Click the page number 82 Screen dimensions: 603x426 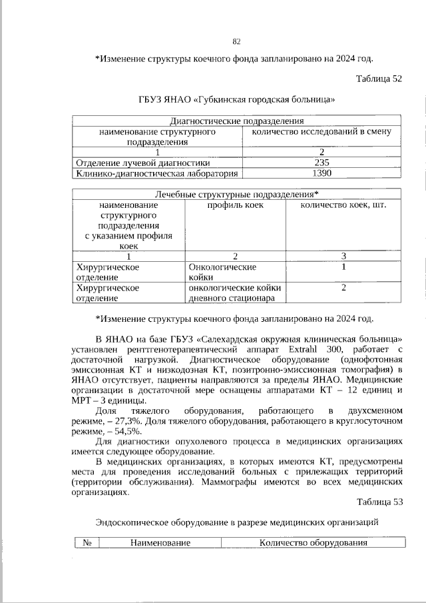click(236, 41)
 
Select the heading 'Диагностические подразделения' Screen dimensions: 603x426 click(237, 121)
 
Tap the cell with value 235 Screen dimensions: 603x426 click(322, 162)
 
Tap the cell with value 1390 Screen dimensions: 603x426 click(322, 173)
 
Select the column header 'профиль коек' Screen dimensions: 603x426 click(236, 205)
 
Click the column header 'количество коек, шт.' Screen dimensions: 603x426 click(344, 205)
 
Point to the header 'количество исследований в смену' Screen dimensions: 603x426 click(322, 132)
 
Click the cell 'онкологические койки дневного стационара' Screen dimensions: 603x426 click(236, 293)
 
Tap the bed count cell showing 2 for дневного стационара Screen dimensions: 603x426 click(344, 288)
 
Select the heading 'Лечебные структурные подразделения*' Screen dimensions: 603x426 click(237, 195)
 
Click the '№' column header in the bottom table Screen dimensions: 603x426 click(87, 542)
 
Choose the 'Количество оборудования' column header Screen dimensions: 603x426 click(314, 542)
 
